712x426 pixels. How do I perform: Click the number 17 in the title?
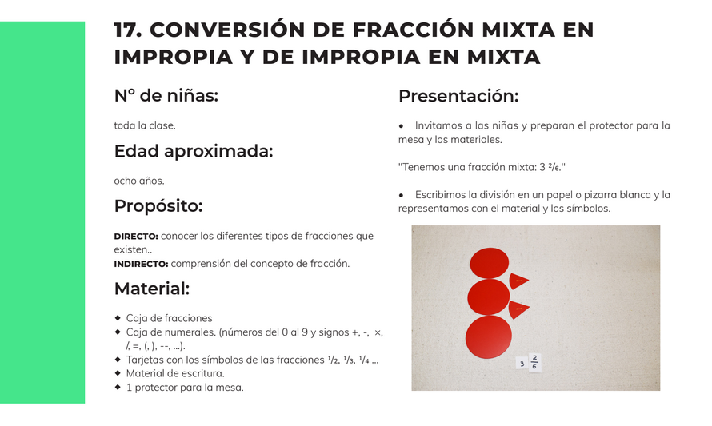127,30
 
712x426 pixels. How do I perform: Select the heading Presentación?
458,96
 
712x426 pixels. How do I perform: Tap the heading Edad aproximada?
194,151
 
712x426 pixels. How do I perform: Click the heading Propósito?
158,206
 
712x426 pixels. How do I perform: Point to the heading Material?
152,289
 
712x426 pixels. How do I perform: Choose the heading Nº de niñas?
166,96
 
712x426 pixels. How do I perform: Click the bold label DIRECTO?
136,237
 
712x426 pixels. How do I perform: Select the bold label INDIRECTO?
141,264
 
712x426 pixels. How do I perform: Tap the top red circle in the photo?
489,263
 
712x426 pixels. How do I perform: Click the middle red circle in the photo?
489,297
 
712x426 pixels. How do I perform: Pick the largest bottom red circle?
489,337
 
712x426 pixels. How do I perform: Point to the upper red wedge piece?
518,281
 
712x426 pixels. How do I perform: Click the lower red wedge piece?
518,309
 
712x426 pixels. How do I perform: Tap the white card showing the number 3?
522,364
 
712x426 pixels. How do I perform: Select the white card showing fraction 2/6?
534,363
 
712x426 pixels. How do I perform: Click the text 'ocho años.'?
139,181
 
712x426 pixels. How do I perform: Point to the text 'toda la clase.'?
144,125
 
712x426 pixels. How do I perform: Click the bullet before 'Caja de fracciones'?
118,318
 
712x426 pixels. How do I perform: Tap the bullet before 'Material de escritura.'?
118,373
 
